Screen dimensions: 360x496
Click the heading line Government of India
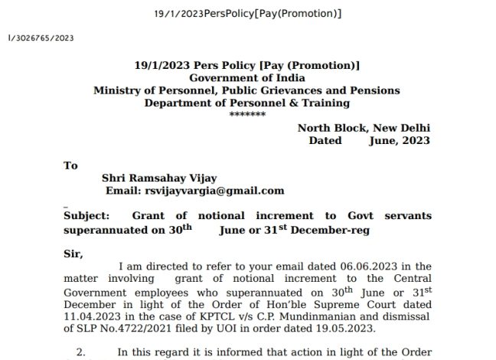[247, 78]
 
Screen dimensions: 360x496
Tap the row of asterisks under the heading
[247, 113]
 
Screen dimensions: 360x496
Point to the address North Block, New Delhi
[364, 128]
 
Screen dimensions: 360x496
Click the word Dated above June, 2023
[325, 141]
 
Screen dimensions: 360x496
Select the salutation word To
[71, 165]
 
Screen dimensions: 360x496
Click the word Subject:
[86, 217]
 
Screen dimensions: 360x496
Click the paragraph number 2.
[80, 352]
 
